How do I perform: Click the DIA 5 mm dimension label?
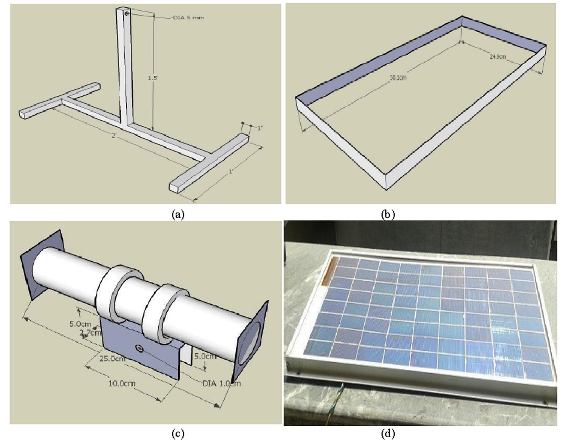coord(188,18)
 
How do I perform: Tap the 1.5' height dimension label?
coord(153,78)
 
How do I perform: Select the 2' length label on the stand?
coord(114,136)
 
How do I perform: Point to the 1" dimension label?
coord(260,128)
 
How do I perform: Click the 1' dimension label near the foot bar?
coord(231,171)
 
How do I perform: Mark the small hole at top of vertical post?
coord(126,13)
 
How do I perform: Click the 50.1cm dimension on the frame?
coord(398,78)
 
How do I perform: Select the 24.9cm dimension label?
coord(498,57)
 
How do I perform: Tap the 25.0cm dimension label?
coord(112,359)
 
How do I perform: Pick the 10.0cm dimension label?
coord(122,383)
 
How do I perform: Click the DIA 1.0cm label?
coord(221,383)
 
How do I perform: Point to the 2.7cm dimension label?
coord(90,333)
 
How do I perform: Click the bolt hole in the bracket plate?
coord(139,349)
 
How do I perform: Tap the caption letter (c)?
coord(178,434)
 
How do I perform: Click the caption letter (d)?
coord(388,434)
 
